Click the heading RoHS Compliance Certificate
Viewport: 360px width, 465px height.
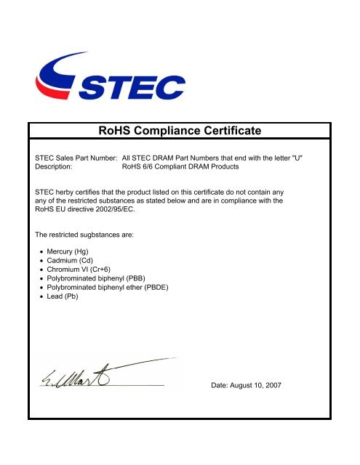(x=179, y=132)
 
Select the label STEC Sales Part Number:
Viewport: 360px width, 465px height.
(x=76, y=157)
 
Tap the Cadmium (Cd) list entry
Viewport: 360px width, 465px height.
(x=73, y=262)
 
